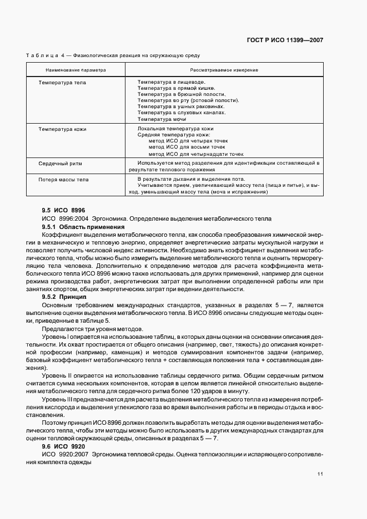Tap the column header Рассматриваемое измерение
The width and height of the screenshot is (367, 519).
tap(224, 70)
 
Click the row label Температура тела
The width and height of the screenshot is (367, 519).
tap(62, 82)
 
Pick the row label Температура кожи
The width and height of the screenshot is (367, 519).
tap(62, 129)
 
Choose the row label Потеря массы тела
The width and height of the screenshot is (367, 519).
tap(63, 180)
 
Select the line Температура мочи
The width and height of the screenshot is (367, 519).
tap(162, 119)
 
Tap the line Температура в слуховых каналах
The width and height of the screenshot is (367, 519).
tap(182, 113)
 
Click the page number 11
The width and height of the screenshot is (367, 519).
tap(320, 473)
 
